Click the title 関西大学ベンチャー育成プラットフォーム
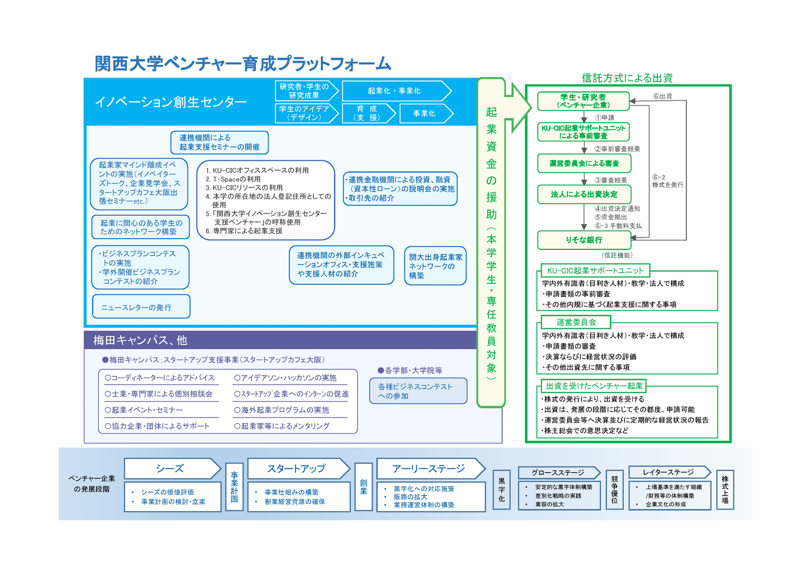pos(243,64)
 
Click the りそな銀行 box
pos(584,240)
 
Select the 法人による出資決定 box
pos(584,195)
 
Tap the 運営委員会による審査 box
pos(584,163)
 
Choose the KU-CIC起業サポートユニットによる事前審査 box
pos(583,132)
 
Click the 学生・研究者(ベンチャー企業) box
pos(583,101)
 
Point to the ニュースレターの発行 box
pos(141,307)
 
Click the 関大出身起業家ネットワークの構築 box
pos(435,266)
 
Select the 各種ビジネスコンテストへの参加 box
pos(418,391)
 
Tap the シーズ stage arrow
pos(172,469)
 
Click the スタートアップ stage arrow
pos(299,469)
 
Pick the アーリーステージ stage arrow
pos(431,469)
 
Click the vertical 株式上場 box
pos(725,490)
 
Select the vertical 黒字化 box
pos(501,490)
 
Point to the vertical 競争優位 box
pos(614,490)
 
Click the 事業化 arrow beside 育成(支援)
pos(426,113)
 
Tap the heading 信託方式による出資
pos(627,78)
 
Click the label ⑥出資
pos(662,96)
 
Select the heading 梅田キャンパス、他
pos(140,340)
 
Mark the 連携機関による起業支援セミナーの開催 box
pos(219,142)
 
